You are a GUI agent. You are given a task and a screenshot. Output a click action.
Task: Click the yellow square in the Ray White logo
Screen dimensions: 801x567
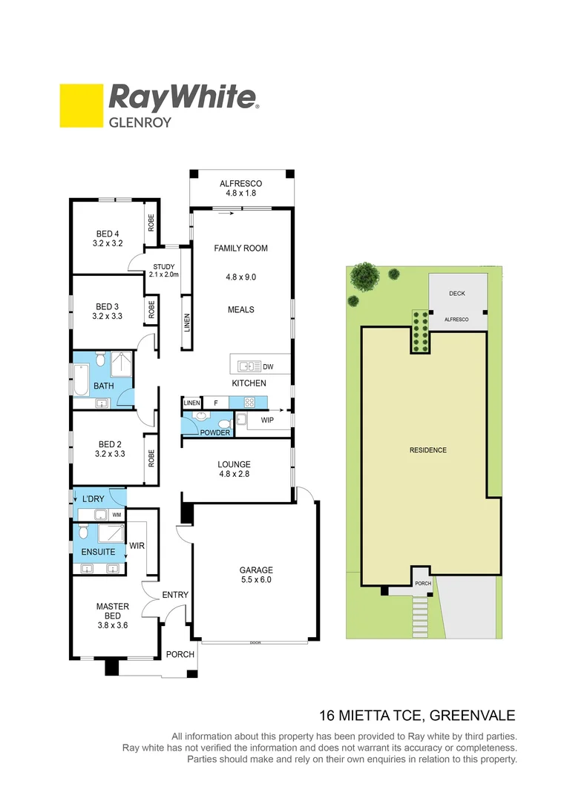click(x=81, y=105)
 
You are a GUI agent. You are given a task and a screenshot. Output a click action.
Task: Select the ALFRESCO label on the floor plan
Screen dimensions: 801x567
click(x=240, y=184)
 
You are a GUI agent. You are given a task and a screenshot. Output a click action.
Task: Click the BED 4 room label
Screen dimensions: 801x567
click(x=108, y=233)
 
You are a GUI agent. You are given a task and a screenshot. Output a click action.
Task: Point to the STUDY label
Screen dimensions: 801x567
click(x=163, y=267)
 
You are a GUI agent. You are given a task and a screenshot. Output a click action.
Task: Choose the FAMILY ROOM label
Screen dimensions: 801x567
click(x=240, y=248)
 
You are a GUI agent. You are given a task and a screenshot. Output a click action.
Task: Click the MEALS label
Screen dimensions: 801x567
click(x=240, y=309)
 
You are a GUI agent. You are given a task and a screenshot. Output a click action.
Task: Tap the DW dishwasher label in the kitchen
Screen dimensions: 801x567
click(x=268, y=366)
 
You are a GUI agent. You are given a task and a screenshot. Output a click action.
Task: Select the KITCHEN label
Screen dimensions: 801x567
click(x=249, y=383)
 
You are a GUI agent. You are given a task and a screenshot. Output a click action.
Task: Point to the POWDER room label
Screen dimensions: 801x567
click(x=215, y=432)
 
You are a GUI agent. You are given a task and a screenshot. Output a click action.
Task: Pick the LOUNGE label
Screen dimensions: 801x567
click(x=234, y=465)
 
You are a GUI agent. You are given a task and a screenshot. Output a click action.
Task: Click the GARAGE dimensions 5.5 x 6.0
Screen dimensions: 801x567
click(x=255, y=580)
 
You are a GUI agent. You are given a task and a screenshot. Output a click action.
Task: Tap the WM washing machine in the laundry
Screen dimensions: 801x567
click(x=116, y=514)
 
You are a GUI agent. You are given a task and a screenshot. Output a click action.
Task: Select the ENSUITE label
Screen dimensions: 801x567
click(x=97, y=552)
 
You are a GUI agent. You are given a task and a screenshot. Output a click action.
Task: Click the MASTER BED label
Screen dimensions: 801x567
click(x=112, y=611)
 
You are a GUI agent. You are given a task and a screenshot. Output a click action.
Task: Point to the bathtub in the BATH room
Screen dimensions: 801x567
click(x=80, y=379)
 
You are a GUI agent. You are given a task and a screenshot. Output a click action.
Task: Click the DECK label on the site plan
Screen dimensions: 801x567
click(x=457, y=294)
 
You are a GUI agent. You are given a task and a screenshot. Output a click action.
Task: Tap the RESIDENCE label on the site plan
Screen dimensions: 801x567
click(x=428, y=450)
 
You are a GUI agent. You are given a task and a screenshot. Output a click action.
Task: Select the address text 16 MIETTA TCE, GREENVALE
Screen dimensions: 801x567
click(x=416, y=716)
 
